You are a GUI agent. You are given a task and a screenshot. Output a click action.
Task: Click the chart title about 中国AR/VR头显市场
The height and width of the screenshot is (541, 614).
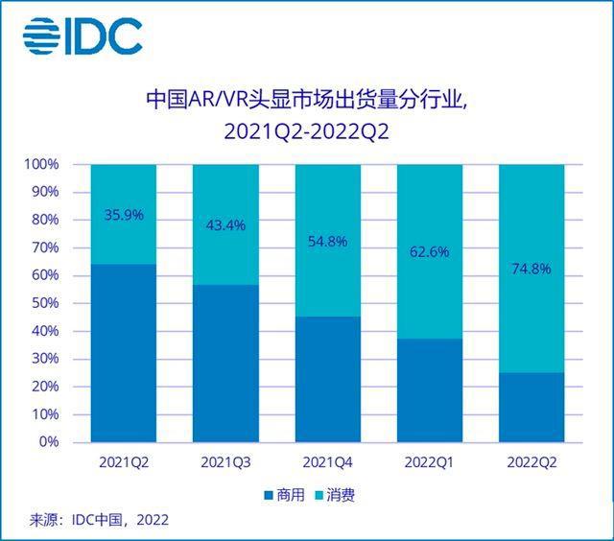coord(306,114)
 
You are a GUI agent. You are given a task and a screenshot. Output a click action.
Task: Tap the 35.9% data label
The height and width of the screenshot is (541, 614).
coord(123,215)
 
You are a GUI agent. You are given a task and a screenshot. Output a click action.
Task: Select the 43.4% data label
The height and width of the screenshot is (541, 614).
coord(225,225)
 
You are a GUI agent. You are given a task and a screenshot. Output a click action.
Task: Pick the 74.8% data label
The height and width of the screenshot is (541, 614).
coord(531,270)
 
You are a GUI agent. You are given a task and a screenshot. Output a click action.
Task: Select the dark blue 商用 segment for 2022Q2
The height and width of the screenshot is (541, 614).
coord(531,408)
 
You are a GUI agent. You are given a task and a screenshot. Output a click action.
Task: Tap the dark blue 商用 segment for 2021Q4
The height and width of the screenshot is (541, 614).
coord(327,380)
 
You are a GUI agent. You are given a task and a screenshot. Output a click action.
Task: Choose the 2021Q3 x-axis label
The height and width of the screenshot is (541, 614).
coord(225,462)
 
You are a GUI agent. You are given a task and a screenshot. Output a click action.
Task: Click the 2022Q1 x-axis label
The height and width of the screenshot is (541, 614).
coord(429,462)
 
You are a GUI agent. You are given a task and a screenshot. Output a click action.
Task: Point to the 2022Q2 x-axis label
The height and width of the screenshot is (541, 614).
coord(531,462)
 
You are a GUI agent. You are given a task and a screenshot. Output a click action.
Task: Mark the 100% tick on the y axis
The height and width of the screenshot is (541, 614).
coord(41,165)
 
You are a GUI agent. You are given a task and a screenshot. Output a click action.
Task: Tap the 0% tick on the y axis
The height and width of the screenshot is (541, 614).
coord(48,443)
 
